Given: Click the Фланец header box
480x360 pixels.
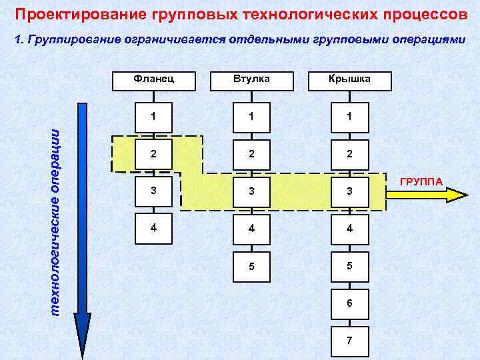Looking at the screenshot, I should [x=154, y=79].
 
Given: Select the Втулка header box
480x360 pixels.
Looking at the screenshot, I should [x=252, y=79].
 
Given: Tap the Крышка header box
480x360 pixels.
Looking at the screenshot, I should [x=349, y=80].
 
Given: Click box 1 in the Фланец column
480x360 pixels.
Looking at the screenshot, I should [x=154, y=116].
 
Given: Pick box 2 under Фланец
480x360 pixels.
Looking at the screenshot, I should [x=154, y=153].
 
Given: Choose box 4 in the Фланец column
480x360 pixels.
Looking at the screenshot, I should [x=154, y=227].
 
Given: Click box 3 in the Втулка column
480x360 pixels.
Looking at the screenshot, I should [x=252, y=191].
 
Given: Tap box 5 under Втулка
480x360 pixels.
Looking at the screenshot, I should [x=252, y=267].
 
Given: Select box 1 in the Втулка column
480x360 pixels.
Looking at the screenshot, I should [x=252, y=116].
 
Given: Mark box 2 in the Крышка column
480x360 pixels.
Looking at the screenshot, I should [x=349, y=153].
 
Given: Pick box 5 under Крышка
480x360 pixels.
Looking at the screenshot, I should [x=349, y=267].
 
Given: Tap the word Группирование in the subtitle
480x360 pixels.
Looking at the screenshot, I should [x=73, y=39].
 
